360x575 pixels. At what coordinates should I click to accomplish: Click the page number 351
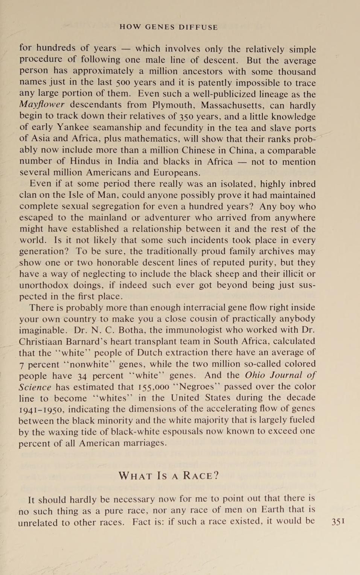338,521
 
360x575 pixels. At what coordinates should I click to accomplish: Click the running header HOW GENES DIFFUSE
169,27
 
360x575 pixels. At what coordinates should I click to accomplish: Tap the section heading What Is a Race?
169,476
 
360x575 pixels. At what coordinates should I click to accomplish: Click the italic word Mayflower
42,105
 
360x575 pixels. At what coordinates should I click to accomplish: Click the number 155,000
153,387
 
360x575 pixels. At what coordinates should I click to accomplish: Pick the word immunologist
200,330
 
